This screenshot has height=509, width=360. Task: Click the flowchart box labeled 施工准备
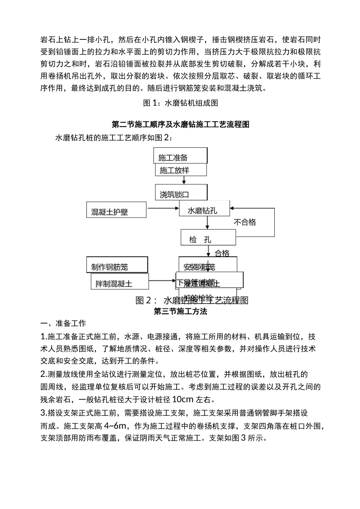(180, 156)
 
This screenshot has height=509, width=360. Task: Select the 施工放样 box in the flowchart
(181, 170)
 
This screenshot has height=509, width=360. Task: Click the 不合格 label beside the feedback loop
(245, 222)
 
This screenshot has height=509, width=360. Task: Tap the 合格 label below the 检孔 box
(222, 253)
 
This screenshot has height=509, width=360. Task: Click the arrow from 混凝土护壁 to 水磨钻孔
(163, 208)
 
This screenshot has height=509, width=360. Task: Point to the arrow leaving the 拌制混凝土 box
(160, 281)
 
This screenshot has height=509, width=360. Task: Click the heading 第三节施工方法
(180, 312)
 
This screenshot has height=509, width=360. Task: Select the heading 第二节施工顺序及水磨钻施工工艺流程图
(180, 124)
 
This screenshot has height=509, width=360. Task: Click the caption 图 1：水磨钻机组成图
(180, 103)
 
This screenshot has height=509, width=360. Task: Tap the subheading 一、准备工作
(63, 324)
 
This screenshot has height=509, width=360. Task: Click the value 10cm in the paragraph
(183, 399)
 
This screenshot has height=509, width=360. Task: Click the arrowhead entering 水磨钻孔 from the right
(233, 208)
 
